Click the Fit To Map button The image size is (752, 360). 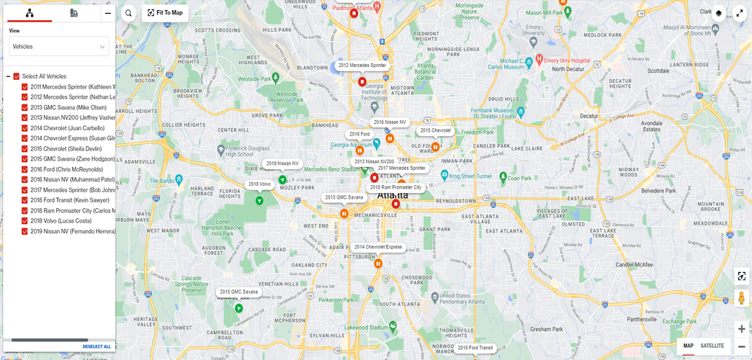point(165,13)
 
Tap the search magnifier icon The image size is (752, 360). point(128,13)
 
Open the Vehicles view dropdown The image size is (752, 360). point(59,47)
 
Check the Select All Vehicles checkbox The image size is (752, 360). point(17,76)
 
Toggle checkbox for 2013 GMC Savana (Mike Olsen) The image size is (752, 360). point(24,108)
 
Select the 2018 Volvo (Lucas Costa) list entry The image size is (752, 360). point(61,221)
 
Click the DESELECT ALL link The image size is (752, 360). point(97,346)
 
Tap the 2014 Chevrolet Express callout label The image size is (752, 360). point(377,247)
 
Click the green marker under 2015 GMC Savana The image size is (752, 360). point(238,308)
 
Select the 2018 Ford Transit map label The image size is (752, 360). point(475,348)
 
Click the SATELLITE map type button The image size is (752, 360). point(712,346)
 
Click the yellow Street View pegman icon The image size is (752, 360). point(741,298)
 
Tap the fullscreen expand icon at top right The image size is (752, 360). point(740,13)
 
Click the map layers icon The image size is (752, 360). point(718,13)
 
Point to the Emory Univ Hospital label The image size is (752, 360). point(564,60)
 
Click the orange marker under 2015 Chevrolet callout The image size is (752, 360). point(435,147)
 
